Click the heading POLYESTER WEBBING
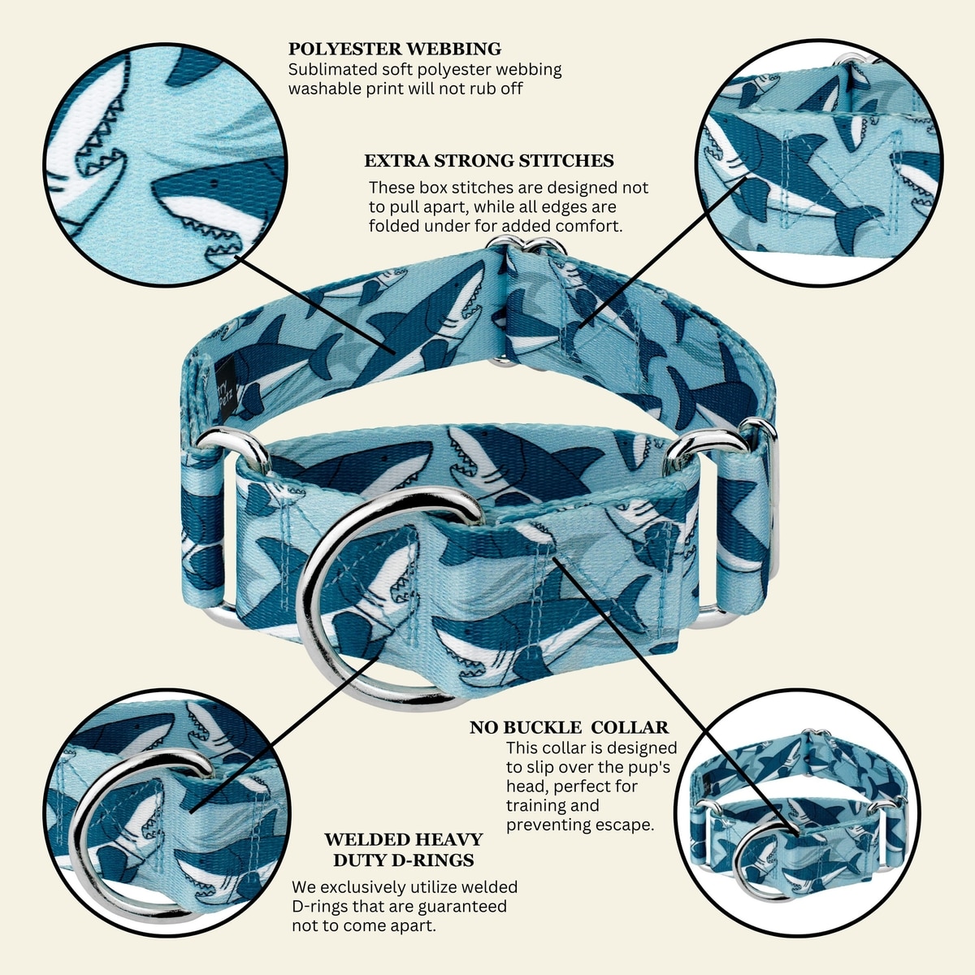click(395, 49)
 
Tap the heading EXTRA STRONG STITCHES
click(489, 161)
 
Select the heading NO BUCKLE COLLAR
click(570, 727)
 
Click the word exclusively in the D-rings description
click(369, 887)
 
